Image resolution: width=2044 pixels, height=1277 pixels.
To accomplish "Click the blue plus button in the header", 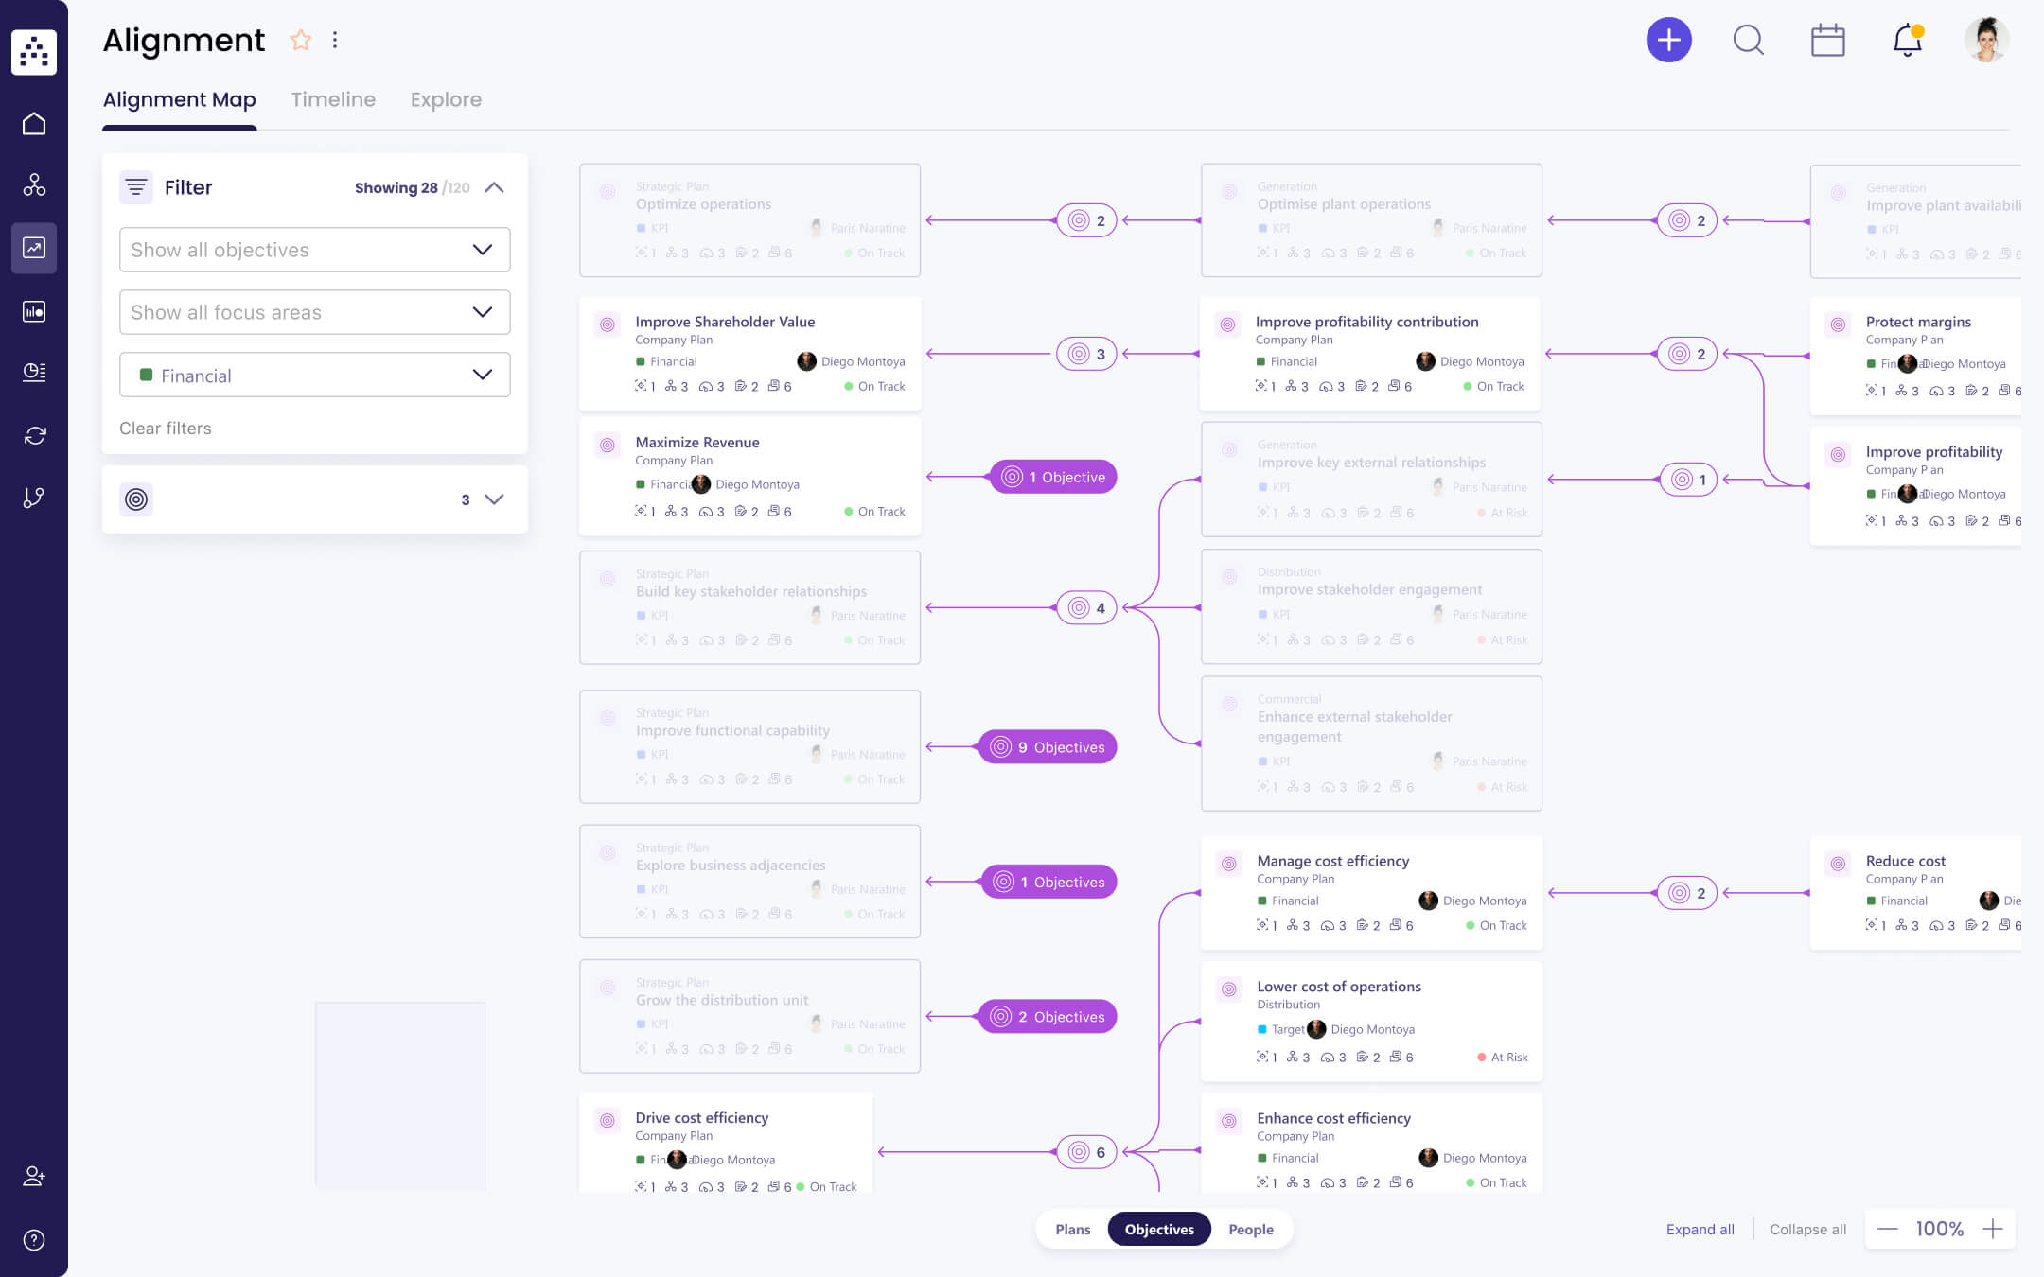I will click(x=1668, y=41).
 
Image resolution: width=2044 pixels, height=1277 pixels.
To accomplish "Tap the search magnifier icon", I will click(x=1748, y=41).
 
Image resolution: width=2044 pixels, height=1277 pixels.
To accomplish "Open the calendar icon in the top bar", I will click(x=1827, y=41).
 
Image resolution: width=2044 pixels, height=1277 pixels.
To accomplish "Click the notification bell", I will click(x=1907, y=41).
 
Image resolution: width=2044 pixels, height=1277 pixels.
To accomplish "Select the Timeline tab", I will click(x=333, y=99).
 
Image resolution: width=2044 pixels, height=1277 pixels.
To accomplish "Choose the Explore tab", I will click(x=446, y=99).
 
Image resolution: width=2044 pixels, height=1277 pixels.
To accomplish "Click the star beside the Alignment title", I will click(x=301, y=40).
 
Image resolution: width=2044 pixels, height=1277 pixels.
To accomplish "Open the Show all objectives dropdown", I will click(x=314, y=250).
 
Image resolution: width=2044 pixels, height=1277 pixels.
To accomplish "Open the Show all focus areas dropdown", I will click(x=314, y=312).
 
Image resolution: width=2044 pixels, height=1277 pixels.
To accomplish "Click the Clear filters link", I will click(x=166, y=429).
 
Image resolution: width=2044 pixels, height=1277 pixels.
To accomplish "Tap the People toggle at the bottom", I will click(x=1250, y=1229).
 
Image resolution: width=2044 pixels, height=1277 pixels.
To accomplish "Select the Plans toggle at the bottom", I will click(x=1072, y=1229).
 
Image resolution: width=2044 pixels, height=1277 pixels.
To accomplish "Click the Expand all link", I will click(x=1700, y=1229).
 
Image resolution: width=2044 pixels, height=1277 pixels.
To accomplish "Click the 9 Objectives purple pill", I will click(x=1048, y=747).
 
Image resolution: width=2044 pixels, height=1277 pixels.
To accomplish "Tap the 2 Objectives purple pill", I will click(x=1048, y=1017).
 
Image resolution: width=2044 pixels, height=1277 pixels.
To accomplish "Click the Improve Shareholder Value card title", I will click(x=725, y=322).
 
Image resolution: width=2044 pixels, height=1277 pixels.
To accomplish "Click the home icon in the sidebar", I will click(x=34, y=124).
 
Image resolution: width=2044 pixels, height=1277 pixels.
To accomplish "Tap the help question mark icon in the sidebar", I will click(x=34, y=1240).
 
